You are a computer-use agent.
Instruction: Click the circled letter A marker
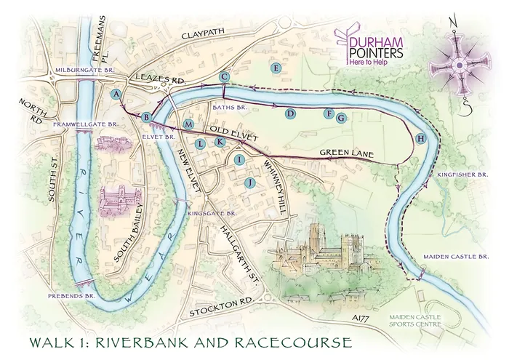coord(116,95)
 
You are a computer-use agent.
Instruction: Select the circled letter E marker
coord(275,68)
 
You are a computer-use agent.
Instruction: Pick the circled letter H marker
coord(420,138)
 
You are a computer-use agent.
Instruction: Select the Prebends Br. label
coord(79,297)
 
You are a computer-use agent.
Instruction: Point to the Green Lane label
coord(345,153)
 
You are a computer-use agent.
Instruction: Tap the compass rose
coord(459,66)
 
